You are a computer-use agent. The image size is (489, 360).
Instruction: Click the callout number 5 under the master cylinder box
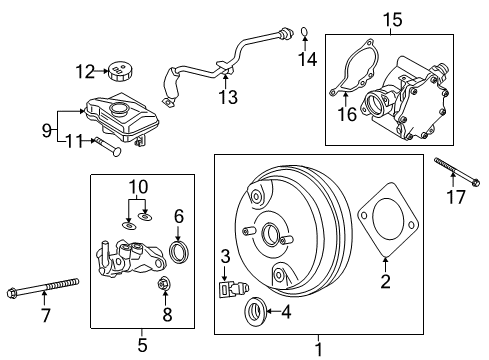pos(141,347)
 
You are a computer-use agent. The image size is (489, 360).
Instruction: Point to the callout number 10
pos(136,186)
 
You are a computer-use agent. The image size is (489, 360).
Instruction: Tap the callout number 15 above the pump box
pos(398,18)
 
